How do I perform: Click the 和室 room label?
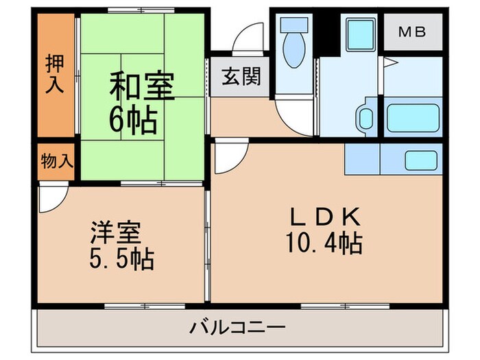[x=142, y=88]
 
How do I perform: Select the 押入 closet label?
[x=55, y=73]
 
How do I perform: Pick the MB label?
[x=413, y=32]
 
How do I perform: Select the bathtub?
[x=411, y=119]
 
